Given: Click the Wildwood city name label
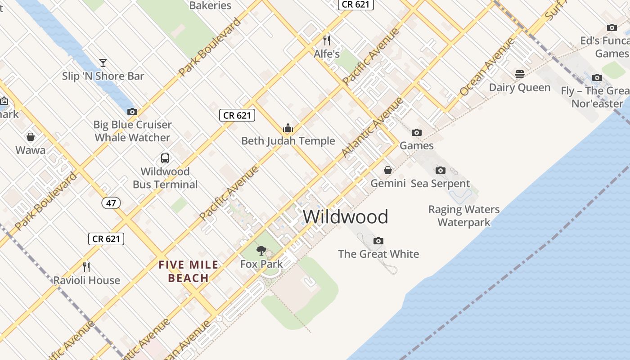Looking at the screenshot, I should [345, 217].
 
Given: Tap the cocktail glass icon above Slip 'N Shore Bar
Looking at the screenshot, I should [103, 63].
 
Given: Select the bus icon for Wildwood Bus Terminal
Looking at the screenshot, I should [165, 158].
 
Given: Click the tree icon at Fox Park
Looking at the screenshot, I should [261, 251].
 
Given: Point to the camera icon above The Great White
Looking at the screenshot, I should [378, 241].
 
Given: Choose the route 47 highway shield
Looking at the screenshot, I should [111, 203].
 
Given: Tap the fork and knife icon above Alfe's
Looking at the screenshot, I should [327, 40].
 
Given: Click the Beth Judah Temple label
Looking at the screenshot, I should [288, 141].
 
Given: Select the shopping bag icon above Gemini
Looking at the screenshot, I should [388, 170].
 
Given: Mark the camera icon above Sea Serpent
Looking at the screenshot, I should [441, 170].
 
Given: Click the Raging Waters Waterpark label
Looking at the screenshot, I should [464, 216].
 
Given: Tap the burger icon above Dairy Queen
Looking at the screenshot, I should [520, 74].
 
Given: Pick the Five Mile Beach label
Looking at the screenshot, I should [188, 271].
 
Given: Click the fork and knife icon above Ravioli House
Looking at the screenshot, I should [87, 267].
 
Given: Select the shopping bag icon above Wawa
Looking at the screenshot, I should [31, 137].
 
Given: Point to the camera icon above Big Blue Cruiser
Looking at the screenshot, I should [132, 112].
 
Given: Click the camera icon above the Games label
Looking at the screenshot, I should [417, 132].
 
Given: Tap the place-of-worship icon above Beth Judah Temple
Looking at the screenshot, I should [288, 128].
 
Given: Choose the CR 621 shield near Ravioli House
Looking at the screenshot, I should [106, 239].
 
